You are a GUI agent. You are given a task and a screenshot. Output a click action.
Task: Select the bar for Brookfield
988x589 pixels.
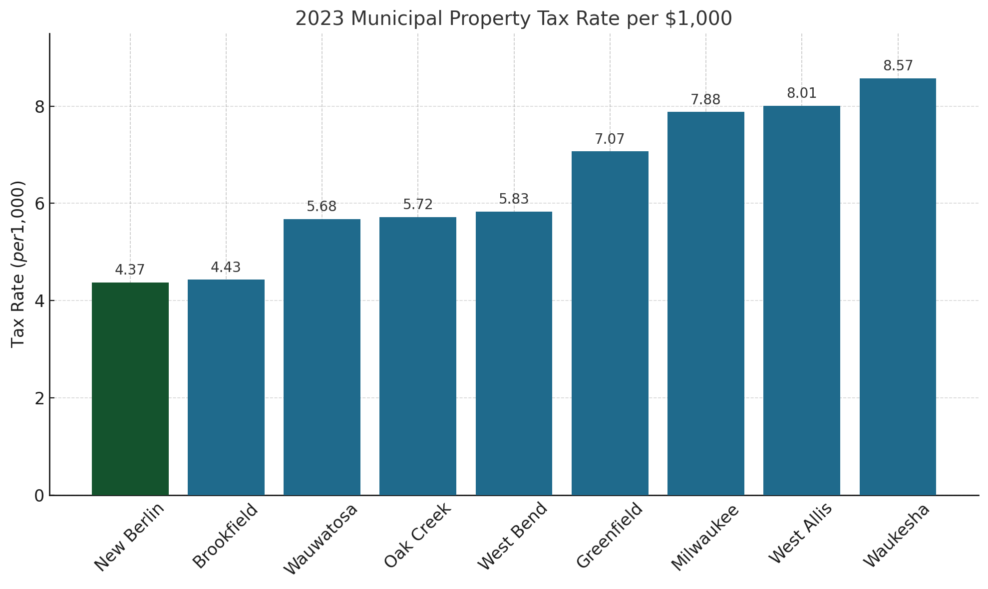point(226,387)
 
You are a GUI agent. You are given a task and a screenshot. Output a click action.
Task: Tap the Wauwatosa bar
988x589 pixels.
point(322,357)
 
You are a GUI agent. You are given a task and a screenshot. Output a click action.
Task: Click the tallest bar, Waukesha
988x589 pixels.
point(897,287)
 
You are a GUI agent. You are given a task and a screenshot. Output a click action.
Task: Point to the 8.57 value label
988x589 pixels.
point(898,66)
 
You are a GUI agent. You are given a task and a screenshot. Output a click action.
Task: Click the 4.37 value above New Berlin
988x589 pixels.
point(130,270)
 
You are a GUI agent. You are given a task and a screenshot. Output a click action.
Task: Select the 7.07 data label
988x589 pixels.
point(610,139)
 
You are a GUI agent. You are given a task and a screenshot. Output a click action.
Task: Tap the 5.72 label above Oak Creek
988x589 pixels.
point(418,205)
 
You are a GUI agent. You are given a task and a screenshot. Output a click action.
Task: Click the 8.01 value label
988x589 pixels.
point(802,93)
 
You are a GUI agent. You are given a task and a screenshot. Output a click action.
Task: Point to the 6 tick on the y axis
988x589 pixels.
point(39,204)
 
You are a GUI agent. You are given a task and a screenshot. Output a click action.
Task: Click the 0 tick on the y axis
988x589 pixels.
point(39,496)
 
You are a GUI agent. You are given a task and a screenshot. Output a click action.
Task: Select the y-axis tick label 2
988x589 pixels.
point(39,398)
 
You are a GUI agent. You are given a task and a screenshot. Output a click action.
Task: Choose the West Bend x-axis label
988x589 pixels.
point(513,536)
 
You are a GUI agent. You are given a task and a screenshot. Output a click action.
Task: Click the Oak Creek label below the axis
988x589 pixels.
point(417,535)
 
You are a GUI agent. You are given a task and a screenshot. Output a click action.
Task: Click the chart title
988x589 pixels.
point(513,18)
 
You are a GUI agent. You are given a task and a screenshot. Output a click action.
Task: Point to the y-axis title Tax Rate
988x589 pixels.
point(18,264)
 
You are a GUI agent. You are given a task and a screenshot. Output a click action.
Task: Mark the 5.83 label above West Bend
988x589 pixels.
point(514,199)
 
